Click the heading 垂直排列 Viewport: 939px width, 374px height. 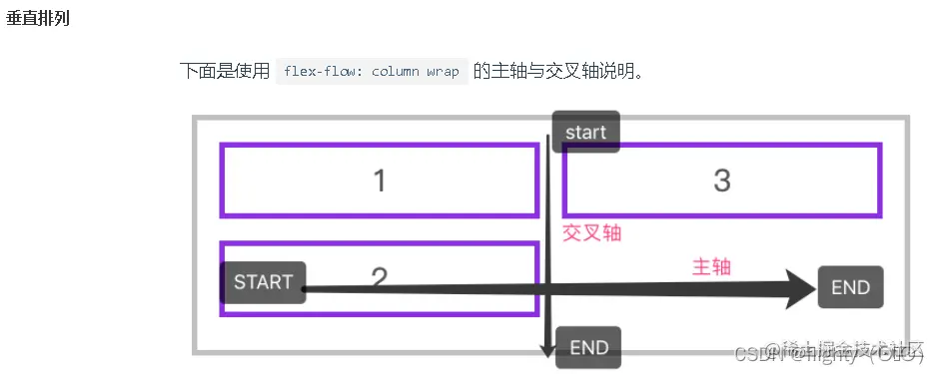pos(38,19)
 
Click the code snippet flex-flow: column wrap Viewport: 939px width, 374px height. pos(371,72)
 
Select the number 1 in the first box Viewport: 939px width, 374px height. pos(379,181)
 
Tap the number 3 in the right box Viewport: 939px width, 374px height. pos(722,181)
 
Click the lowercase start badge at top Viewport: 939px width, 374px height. pos(585,132)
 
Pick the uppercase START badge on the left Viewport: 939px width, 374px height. pos(263,282)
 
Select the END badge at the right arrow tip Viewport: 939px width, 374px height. pos(850,287)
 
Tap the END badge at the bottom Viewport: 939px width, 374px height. pos(588,347)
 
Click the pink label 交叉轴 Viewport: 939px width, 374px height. pos(591,232)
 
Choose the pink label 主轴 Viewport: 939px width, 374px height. pos(712,266)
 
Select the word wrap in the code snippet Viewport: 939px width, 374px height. pos(444,72)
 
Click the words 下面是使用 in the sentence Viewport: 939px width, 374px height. pos(225,72)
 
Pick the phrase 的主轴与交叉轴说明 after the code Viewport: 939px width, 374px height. pos(559,72)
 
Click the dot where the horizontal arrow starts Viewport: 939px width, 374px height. pos(304,289)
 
